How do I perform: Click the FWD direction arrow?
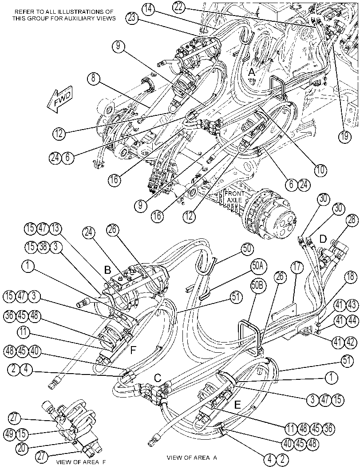(x=59, y=101)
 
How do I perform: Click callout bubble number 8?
(x=94, y=79)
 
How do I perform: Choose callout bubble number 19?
(x=344, y=136)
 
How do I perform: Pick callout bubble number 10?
(x=320, y=170)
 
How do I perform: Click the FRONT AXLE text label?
(x=235, y=197)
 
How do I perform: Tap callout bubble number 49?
(x=9, y=434)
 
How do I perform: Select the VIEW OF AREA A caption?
(x=192, y=458)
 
